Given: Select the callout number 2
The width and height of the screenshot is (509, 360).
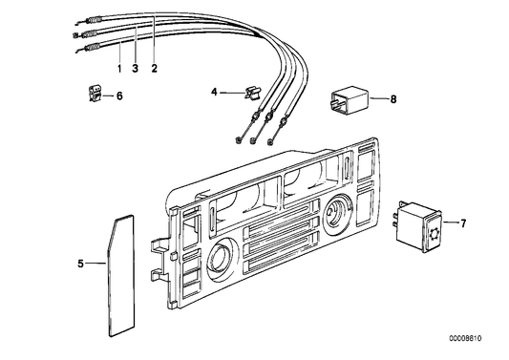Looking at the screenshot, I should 154,70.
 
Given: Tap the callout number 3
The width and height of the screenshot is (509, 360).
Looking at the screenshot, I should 136,70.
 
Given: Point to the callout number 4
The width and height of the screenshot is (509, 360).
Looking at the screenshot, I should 215,92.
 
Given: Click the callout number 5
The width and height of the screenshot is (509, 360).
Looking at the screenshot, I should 81,260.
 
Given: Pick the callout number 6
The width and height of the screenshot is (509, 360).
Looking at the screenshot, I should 120,95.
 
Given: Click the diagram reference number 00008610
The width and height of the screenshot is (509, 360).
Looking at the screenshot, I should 479,339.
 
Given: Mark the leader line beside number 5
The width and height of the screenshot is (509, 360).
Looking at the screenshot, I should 95,260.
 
